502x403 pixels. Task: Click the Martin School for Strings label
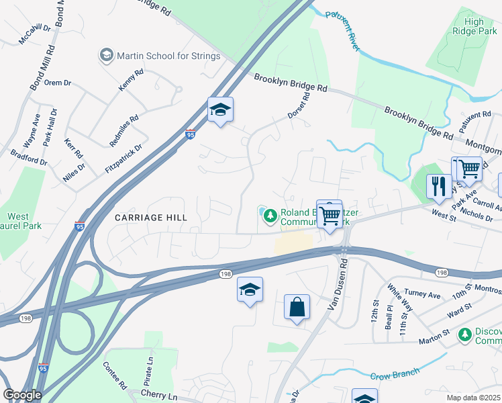pos(168,56)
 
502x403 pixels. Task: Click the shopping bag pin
pos(297,308)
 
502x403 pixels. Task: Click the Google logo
pos(22,395)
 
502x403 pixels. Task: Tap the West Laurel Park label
pos(19,222)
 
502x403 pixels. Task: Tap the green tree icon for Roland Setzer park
pos(270,216)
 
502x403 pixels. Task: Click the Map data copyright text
pos(473,396)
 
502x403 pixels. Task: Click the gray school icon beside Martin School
pos(106,56)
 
